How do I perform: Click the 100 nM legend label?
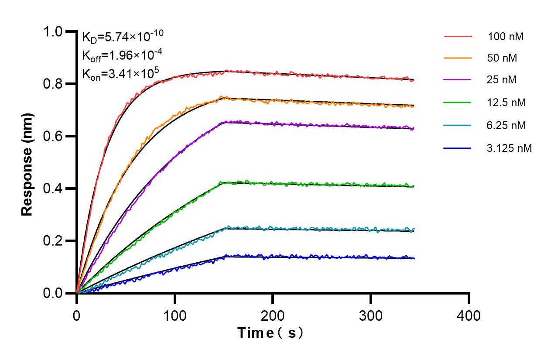pos(506,37)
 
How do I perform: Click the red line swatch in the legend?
pos(458,37)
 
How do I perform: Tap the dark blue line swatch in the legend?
pos(458,148)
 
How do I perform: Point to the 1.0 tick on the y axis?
pos(54,31)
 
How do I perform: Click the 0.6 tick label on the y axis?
pos(54,136)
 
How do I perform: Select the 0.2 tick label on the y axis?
pos(54,241)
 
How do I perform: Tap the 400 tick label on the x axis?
pos(469,315)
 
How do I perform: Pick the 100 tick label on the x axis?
pos(175,315)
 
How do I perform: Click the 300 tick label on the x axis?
pos(371,315)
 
